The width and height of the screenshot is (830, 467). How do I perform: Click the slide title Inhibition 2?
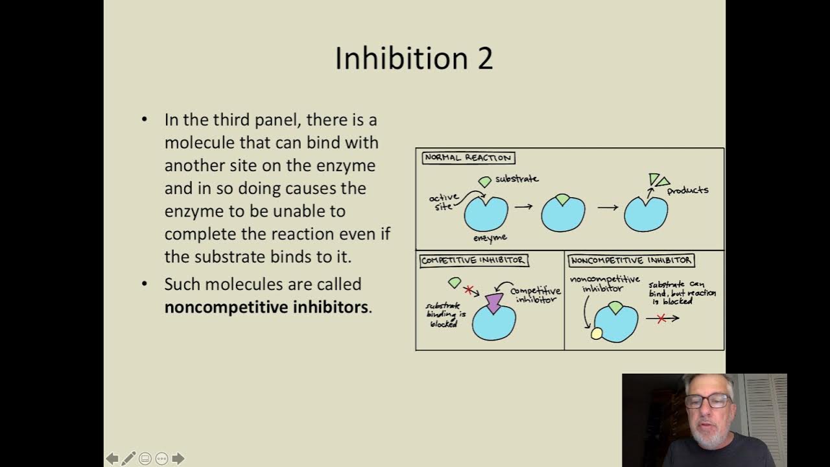[x=414, y=58]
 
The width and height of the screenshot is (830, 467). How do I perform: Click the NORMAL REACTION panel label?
[x=468, y=158]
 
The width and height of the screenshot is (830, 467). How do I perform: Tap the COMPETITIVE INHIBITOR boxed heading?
[x=473, y=261]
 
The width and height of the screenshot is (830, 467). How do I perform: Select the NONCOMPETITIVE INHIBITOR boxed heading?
[x=631, y=261]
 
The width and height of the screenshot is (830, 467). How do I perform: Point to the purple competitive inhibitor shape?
[x=494, y=302]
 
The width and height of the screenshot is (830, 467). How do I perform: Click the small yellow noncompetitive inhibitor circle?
[x=597, y=333]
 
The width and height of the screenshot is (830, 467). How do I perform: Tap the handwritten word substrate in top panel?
[x=517, y=178]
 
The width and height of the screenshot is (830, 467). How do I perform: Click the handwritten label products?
[x=687, y=190]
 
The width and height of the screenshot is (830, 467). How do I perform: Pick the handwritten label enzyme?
[x=490, y=238]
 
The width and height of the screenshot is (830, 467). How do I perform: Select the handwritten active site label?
[x=444, y=201]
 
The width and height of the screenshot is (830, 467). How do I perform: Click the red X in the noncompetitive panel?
[x=661, y=318]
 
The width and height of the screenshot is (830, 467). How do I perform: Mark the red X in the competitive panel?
[x=469, y=290]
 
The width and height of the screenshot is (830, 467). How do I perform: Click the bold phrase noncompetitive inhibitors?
[x=266, y=307]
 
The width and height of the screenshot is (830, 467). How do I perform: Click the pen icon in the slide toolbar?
[x=128, y=459]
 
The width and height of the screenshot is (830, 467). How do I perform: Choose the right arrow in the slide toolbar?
[x=178, y=459]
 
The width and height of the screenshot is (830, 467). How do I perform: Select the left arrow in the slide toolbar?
[x=112, y=459]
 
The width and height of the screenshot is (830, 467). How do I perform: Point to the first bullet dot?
[x=145, y=120]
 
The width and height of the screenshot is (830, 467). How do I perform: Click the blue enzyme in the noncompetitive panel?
[x=616, y=324]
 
